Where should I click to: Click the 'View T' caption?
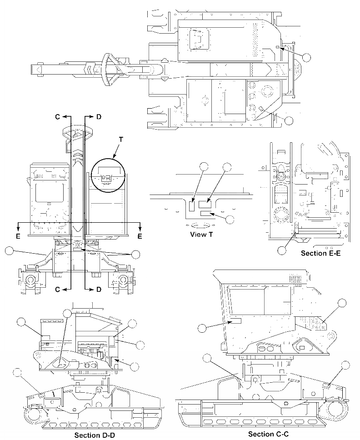[x=204, y=235]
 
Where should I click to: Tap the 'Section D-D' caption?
[x=97, y=435]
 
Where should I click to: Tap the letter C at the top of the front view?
[x=58, y=117]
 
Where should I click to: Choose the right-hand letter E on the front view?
[x=140, y=236]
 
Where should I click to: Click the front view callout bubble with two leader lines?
[x=135, y=254]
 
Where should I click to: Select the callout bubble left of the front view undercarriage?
[x=9, y=250]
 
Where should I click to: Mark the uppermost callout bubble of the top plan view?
[x=307, y=57]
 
